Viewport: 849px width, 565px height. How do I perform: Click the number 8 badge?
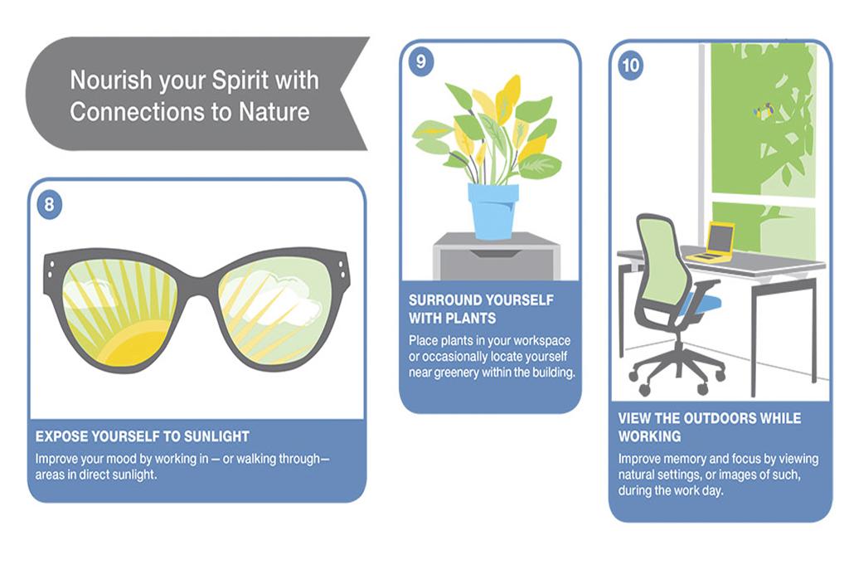pyautogui.click(x=49, y=205)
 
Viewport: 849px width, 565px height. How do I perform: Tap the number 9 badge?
pyautogui.click(x=421, y=61)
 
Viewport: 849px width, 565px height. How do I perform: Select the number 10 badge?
pyautogui.click(x=630, y=66)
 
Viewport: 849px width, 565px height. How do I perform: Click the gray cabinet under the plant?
pyautogui.click(x=497, y=256)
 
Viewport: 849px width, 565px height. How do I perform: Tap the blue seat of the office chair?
pyautogui.click(x=701, y=304)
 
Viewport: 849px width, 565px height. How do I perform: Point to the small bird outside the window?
pyautogui.click(x=764, y=111)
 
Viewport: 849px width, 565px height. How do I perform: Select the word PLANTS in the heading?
pyautogui.click(x=474, y=319)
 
